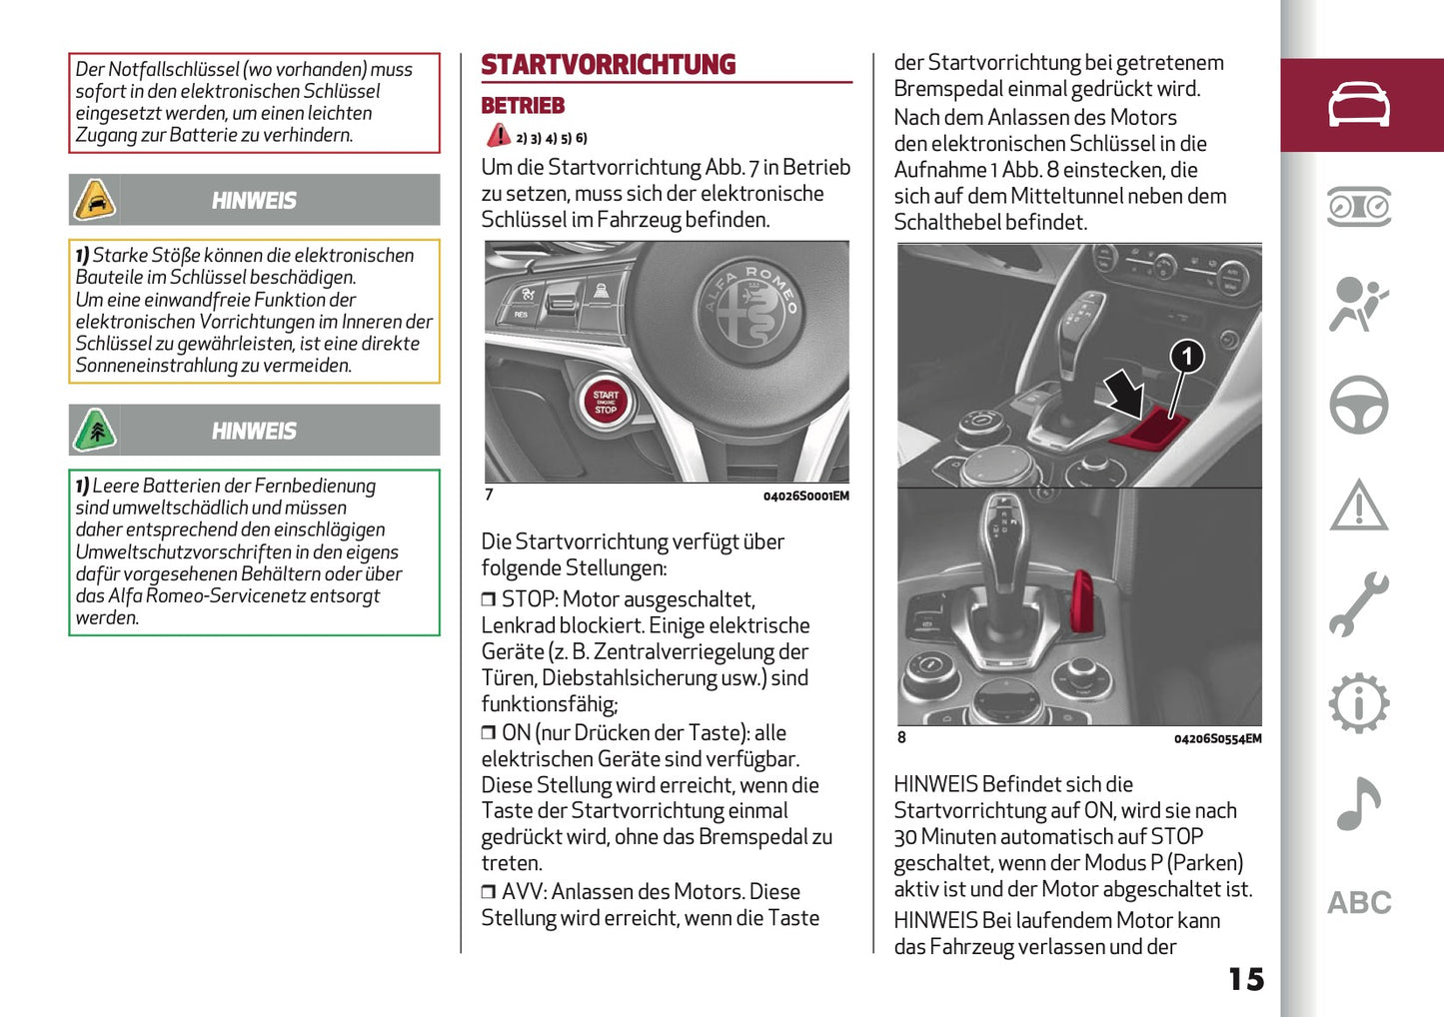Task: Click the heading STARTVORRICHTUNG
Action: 608,65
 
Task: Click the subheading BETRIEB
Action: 523,106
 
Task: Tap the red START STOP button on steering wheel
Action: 606,403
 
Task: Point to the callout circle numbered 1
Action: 1186,356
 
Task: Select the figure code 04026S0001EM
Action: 805,497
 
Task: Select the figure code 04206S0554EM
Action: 1217,739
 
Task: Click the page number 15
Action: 1245,979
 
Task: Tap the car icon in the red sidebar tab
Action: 1358,105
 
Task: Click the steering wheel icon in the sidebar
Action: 1358,405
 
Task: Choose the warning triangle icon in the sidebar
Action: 1358,505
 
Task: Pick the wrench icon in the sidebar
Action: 1358,604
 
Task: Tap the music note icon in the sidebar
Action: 1358,804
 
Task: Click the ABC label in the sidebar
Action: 1358,903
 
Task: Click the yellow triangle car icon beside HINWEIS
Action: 95,201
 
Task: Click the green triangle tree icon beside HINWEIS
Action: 95,432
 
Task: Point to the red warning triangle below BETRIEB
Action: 498,136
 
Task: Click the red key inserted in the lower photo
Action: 1081,599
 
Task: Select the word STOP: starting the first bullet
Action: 529,599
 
